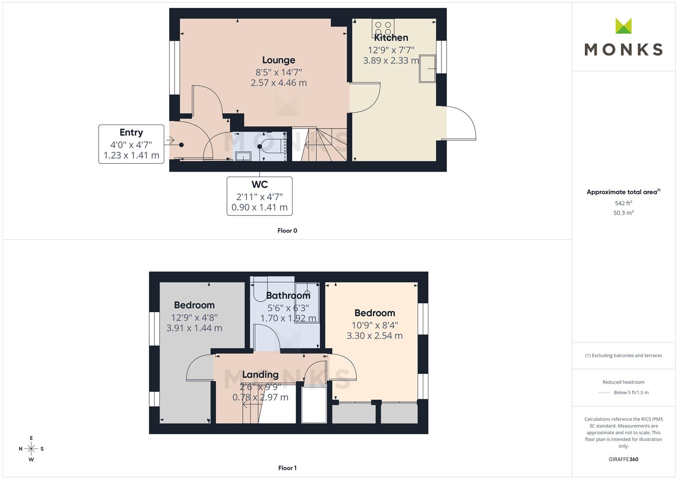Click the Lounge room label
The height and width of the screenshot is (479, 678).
278,60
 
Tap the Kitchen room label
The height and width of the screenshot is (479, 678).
391,38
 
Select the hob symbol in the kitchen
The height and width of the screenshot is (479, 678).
383,28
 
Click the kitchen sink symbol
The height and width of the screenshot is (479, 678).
428,69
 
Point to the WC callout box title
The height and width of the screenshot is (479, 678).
259,185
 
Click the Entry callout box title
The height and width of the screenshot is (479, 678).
131,133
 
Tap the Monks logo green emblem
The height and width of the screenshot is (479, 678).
623,26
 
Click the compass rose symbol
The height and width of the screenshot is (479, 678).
31,449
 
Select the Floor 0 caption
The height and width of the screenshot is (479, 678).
287,231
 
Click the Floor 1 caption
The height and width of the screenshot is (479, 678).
287,468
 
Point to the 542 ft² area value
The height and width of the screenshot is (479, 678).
623,203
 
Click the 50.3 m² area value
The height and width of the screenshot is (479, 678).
623,212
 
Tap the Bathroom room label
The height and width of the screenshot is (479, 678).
288,295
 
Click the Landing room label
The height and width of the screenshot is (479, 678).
260,375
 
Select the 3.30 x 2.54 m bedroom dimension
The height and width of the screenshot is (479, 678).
374,336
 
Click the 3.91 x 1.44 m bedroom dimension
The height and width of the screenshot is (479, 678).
194,328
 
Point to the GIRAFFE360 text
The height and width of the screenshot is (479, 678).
623,459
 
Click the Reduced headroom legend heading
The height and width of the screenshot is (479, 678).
623,382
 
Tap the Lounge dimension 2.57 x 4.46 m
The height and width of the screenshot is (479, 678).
278,83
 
